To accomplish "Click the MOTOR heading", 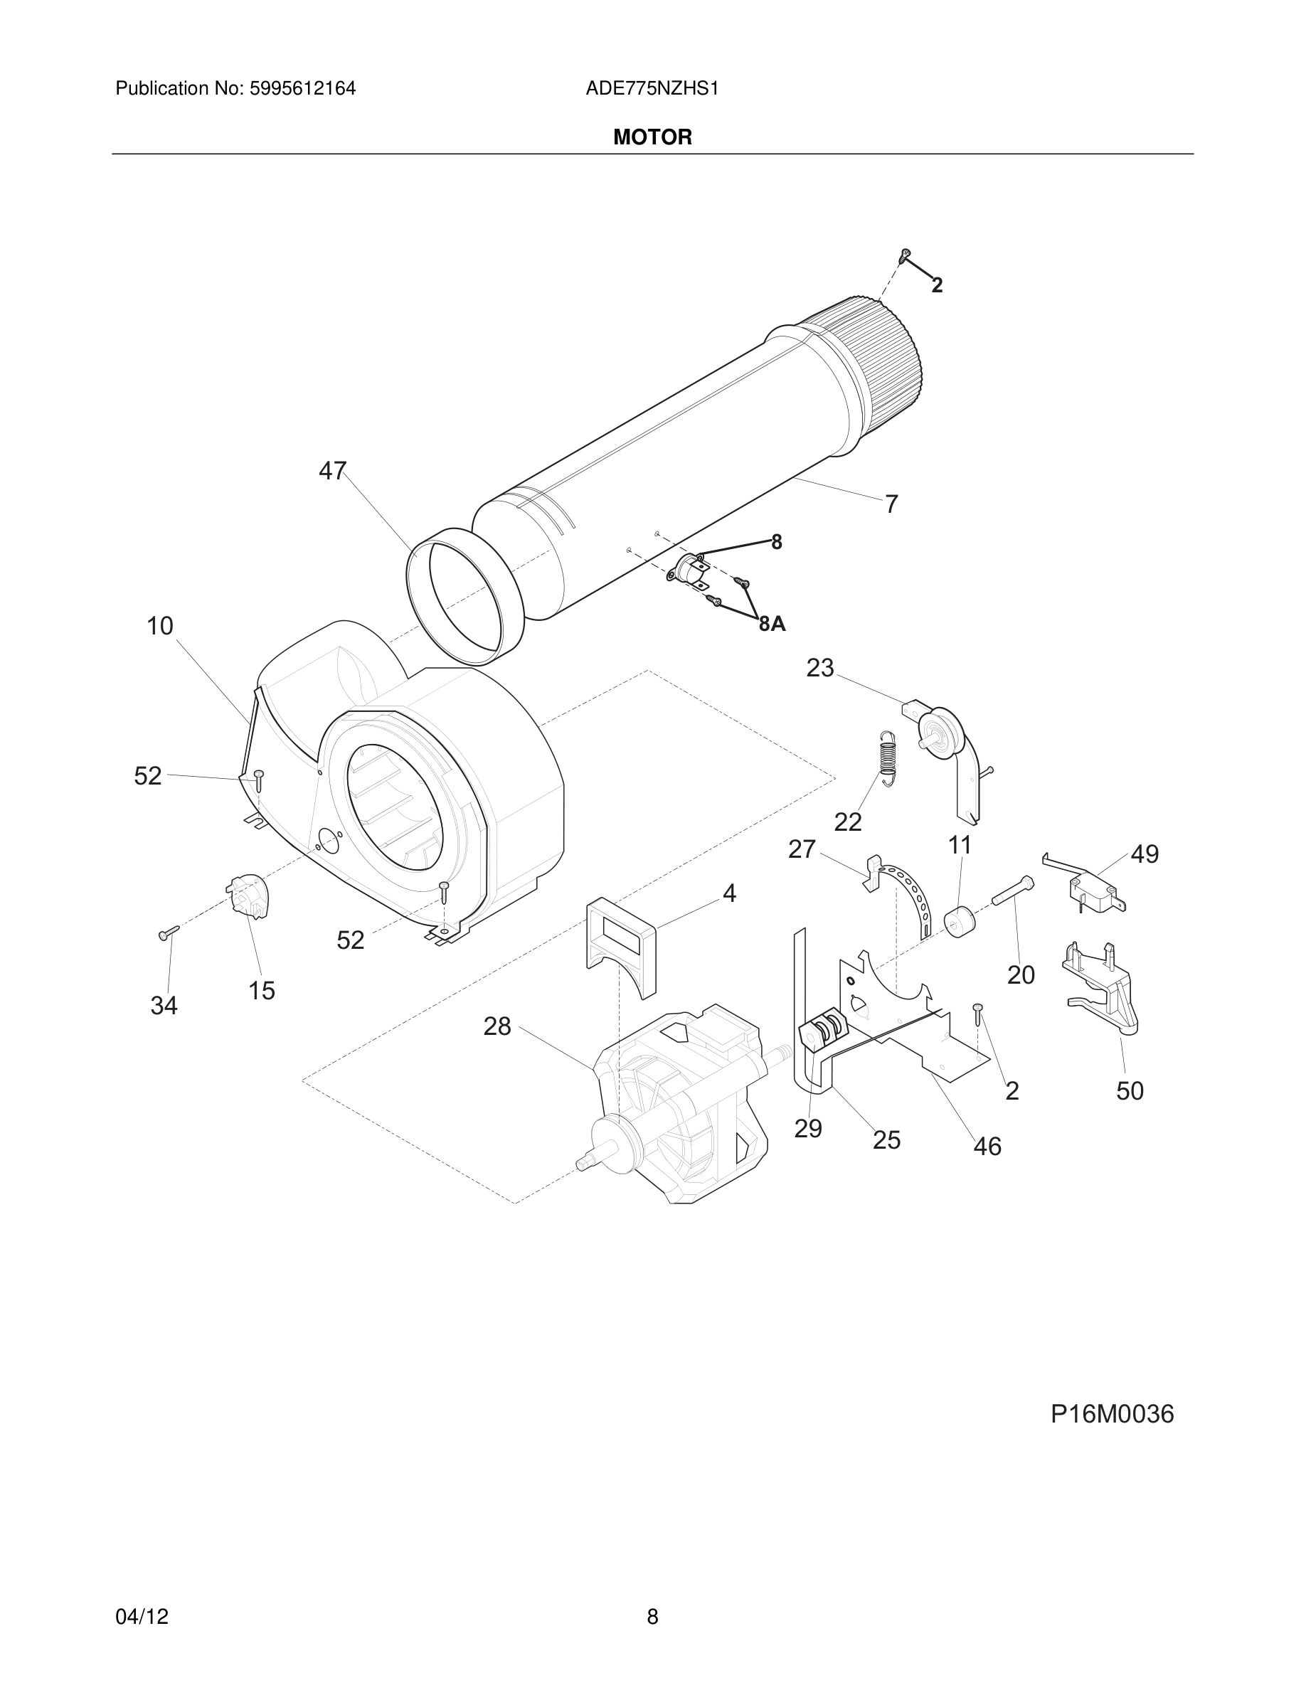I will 652,138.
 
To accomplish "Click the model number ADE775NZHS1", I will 652,89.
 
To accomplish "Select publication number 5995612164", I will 302,89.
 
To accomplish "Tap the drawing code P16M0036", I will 1112,1413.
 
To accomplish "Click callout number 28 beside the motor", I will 497,1026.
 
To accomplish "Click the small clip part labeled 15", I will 248,896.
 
